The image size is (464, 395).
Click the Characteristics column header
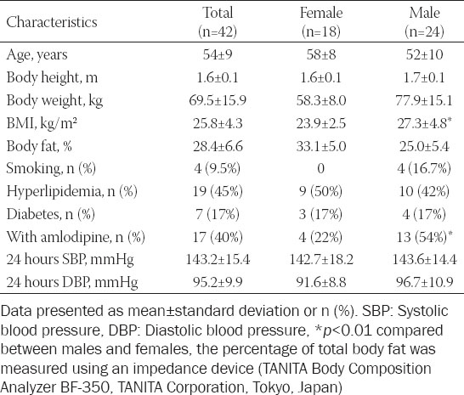click(52, 22)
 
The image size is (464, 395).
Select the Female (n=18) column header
click(321, 22)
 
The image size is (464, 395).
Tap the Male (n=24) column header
click(424, 22)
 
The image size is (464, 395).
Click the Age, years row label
click(37, 55)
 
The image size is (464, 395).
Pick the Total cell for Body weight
click(218, 100)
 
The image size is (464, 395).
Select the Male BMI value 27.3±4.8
click(424, 123)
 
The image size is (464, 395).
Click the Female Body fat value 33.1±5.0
click(321, 146)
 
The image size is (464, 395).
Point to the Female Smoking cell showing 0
click(320, 169)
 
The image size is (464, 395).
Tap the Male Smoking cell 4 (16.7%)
click(424, 169)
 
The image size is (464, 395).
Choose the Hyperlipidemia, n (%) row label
click(72, 191)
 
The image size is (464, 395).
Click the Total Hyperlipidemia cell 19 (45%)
click(218, 191)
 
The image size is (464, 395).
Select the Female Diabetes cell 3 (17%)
click(320, 214)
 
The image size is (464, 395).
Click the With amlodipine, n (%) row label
click(76, 237)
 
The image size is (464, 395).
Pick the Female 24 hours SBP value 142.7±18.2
click(321, 260)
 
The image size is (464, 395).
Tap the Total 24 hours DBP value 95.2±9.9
click(218, 282)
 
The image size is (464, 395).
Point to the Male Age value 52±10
click(424, 55)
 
